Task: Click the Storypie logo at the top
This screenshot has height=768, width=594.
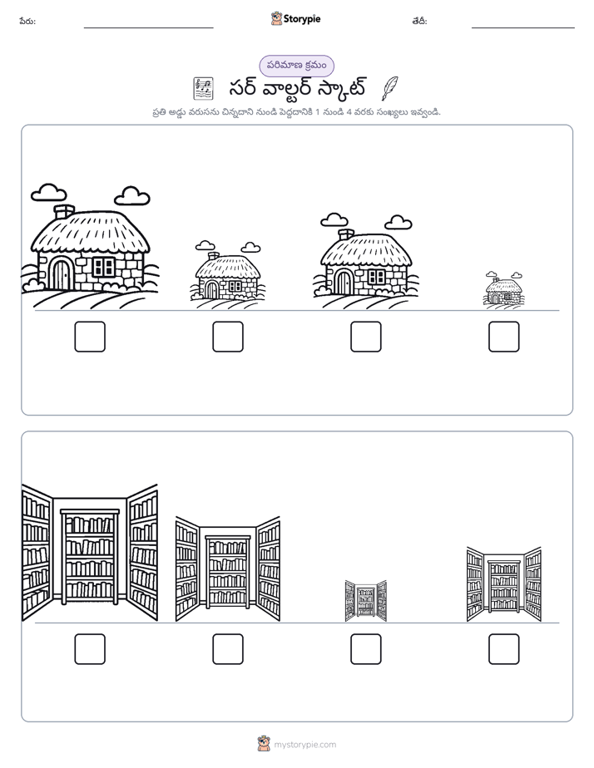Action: pos(295,18)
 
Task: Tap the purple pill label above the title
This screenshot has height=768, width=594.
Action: pos(296,66)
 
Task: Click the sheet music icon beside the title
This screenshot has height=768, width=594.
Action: pos(202,89)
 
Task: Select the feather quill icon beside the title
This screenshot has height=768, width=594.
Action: pos(389,88)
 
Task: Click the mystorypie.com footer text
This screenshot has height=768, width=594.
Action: pos(304,745)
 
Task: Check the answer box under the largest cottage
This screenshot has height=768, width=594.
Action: pos(90,337)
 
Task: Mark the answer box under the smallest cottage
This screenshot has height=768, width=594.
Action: pos(504,337)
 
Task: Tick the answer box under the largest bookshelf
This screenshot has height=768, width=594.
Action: pos(90,649)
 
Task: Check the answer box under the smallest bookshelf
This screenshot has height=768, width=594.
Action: pos(365,649)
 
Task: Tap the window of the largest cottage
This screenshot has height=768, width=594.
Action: pos(103,267)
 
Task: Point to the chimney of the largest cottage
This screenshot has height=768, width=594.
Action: pos(64,212)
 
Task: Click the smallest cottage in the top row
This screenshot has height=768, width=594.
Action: pos(503,289)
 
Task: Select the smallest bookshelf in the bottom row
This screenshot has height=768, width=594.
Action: pos(365,601)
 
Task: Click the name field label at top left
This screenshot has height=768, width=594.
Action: pos(27,21)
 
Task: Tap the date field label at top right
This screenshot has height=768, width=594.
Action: pos(419,21)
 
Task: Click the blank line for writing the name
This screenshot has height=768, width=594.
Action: pos(148,28)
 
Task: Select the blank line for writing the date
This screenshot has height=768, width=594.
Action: pos(523,28)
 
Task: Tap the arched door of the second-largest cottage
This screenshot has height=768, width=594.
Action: pos(344,282)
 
